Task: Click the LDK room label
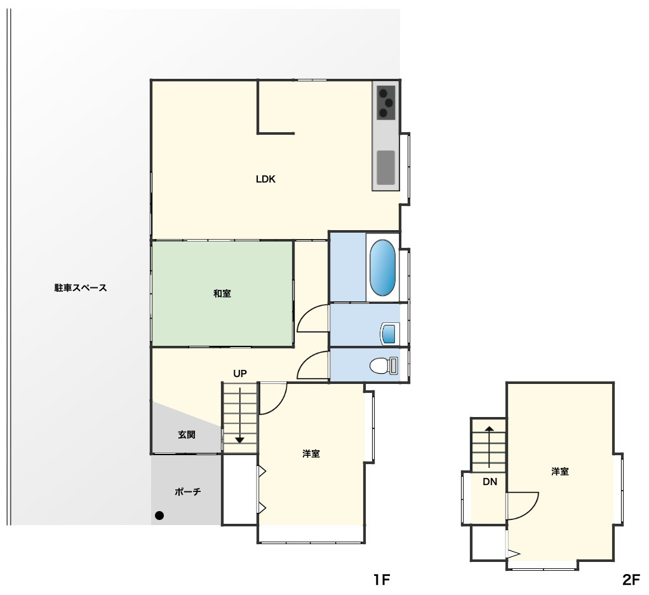click(265, 179)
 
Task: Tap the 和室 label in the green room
click(222, 293)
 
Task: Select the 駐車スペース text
click(81, 287)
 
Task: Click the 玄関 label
click(187, 435)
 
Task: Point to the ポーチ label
click(187, 491)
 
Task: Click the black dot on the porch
click(159, 516)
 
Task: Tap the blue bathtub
click(382, 268)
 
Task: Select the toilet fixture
click(384, 366)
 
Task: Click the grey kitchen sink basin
click(385, 167)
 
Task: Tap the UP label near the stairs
click(239, 374)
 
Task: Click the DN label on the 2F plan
click(490, 482)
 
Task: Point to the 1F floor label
click(382, 580)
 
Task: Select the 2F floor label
click(631, 580)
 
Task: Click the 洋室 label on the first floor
click(311, 454)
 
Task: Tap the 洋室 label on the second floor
click(559, 472)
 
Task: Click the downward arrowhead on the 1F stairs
click(239, 440)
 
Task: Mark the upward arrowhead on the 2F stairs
click(489, 429)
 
